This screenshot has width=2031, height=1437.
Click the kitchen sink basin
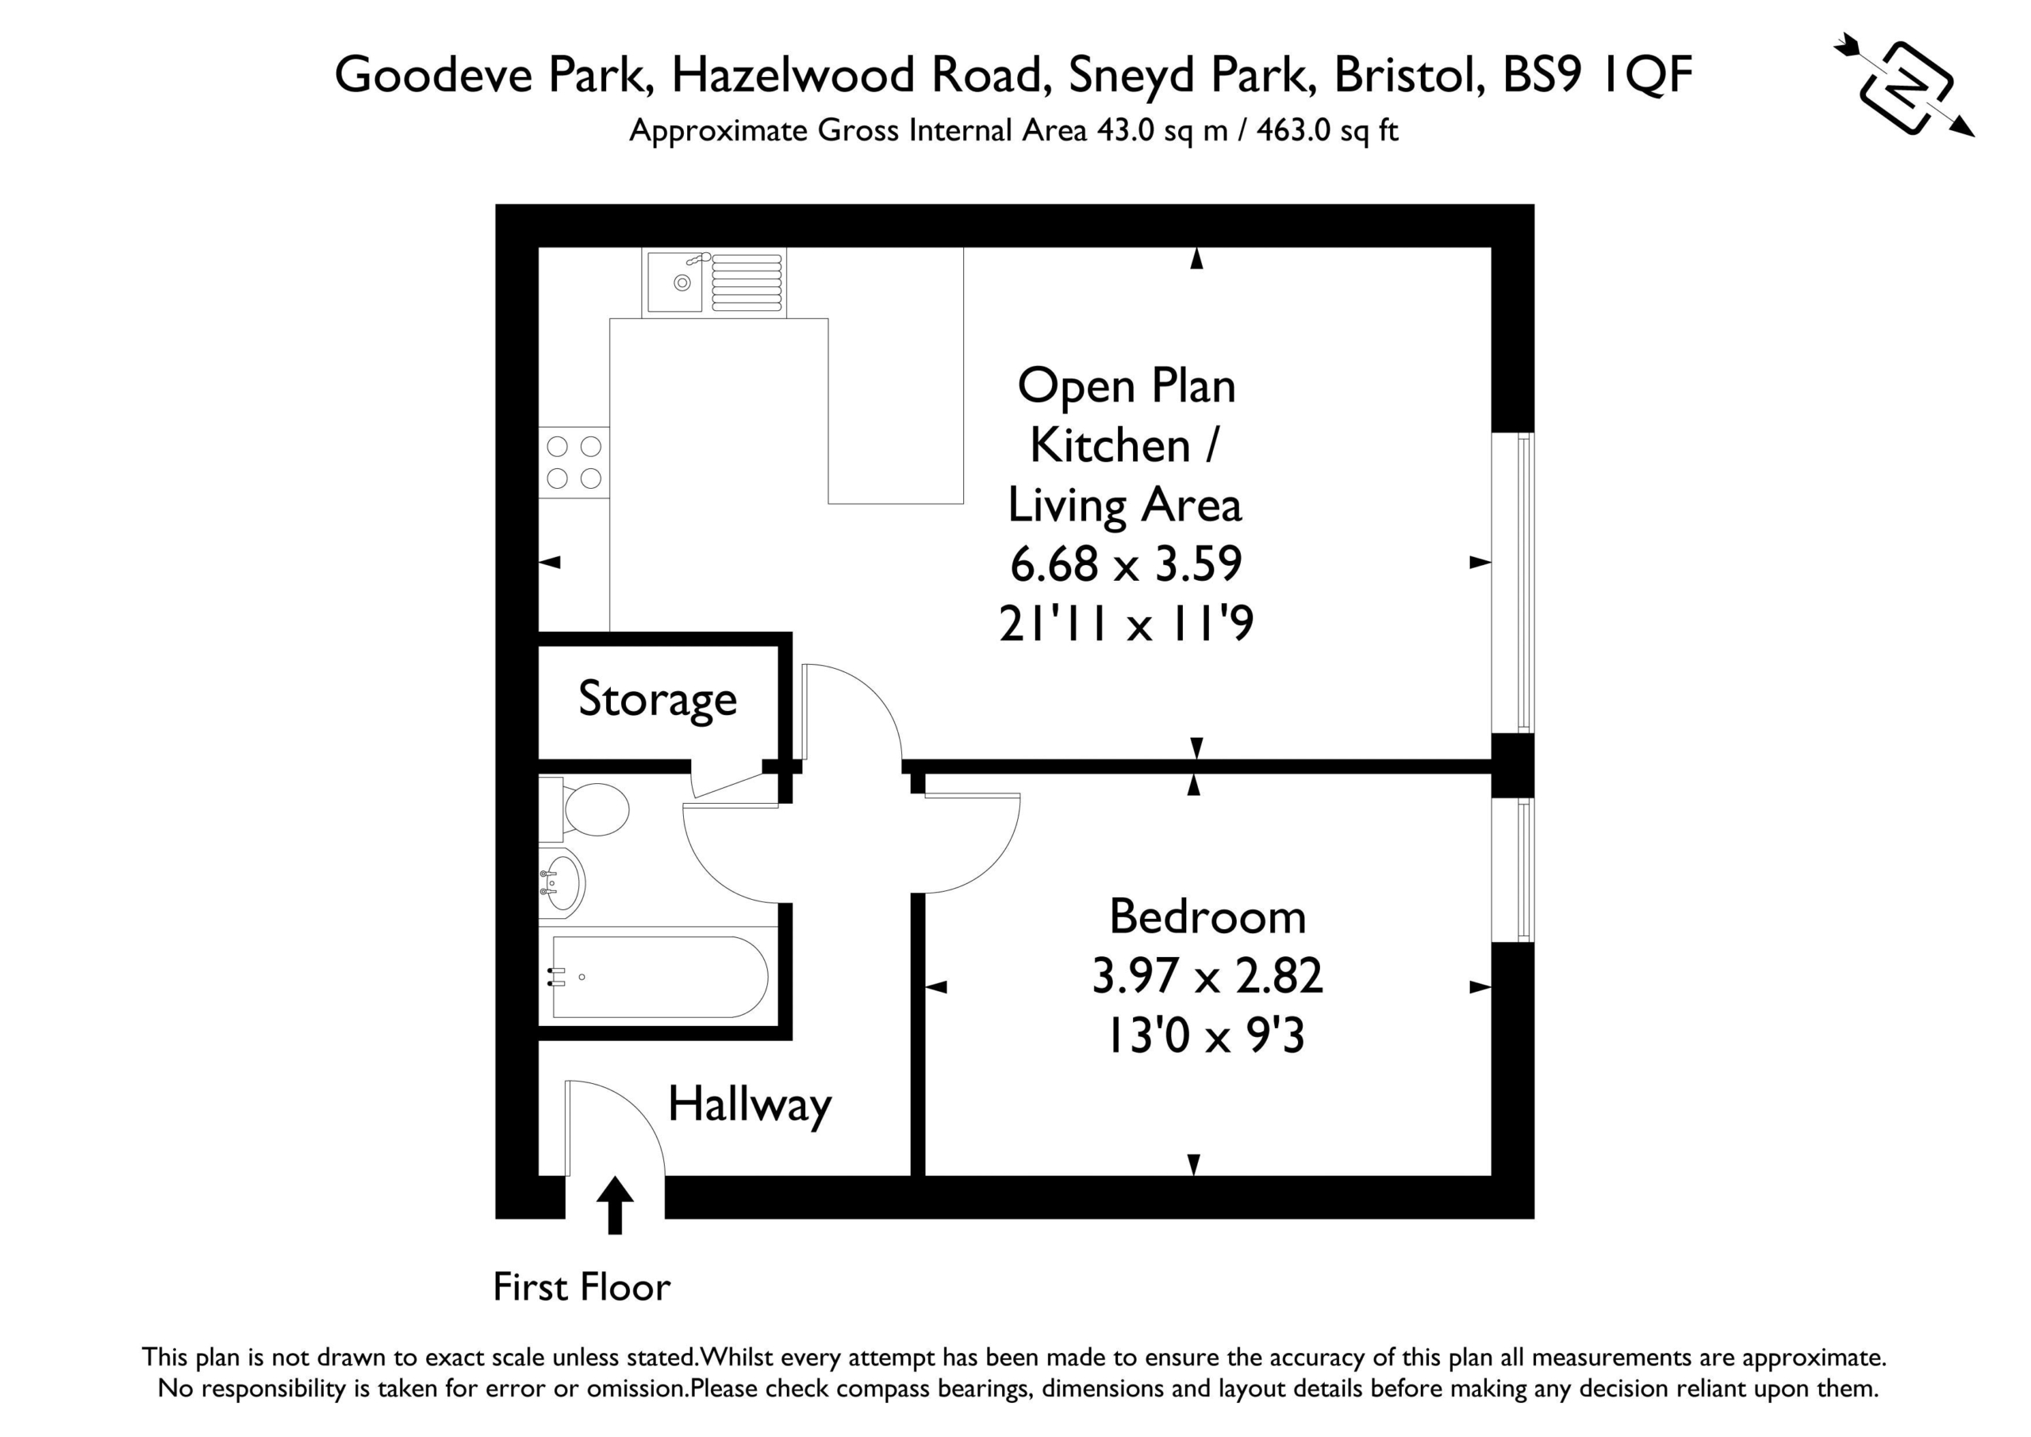point(675,282)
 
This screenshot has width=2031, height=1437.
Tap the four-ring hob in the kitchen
point(574,462)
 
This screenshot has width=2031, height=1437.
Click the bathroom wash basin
point(562,882)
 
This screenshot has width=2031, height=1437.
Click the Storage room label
point(657,700)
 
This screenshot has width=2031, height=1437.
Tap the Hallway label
point(749,1106)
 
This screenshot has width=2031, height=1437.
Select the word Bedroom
point(1207,916)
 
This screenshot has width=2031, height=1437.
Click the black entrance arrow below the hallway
point(615,1205)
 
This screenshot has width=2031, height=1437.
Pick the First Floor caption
point(582,1288)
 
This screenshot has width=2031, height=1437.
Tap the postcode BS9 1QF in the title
point(1598,75)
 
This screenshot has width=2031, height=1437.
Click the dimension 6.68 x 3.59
point(1126,563)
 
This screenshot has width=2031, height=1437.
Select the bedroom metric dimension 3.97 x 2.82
point(1207,976)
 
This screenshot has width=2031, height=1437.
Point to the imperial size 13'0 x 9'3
point(1207,1035)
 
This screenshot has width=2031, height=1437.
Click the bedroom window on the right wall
point(1514,870)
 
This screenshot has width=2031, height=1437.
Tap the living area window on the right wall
point(1514,582)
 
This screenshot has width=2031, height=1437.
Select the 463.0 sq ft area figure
point(1326,132)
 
